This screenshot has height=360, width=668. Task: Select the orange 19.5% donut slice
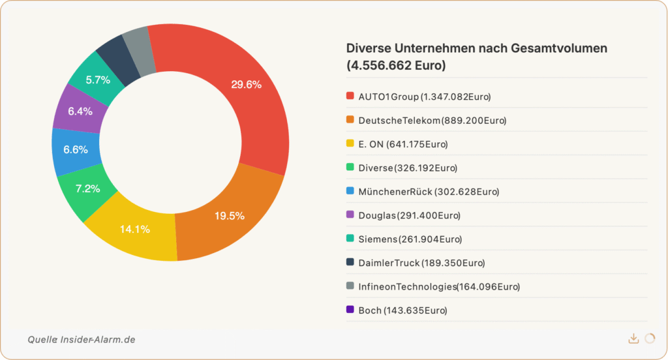coord(230,215)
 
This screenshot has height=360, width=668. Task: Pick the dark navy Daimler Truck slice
coord(116,57)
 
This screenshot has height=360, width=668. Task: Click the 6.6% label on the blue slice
coord(76,149)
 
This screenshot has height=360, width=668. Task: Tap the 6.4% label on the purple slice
coord(80,111)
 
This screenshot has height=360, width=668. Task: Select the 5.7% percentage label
coord(98,80)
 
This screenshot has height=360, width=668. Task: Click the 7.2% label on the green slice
coord(88,188)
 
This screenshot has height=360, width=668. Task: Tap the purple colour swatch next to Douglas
coord(350,215)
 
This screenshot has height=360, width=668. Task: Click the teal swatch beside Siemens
coord(350,238)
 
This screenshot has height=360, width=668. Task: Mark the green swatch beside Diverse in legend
coord(350,167)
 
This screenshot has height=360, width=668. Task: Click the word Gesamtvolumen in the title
coord(559,48)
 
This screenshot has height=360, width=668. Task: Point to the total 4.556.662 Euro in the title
coord(396,65)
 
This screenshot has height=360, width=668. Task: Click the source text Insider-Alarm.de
coord(98,340)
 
